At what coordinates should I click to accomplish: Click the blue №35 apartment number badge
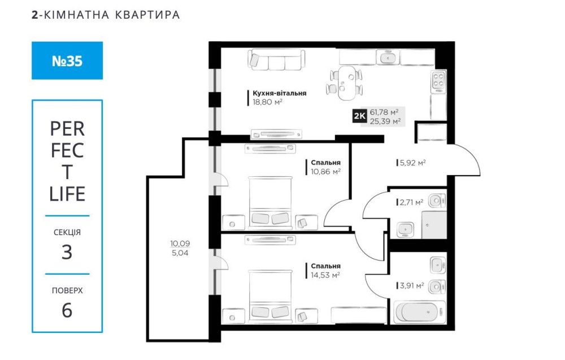67,60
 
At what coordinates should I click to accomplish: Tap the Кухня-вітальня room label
279,93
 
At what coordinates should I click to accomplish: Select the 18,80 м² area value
267,102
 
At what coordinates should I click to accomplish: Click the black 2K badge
359,116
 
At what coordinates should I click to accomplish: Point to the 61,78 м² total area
384,112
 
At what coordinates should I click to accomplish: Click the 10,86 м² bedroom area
326,172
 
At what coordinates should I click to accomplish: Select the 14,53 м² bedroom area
326,275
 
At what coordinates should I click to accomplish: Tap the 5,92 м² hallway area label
412,163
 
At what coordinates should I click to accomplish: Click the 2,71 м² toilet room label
411,202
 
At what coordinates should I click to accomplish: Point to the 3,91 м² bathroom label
412,286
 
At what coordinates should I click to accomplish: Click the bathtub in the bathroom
417,313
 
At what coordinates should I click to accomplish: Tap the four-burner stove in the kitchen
438,81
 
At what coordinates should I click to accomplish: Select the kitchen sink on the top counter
388,57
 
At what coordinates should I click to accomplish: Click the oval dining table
346,83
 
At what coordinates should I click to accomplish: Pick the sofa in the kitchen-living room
276,60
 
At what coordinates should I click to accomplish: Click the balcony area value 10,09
180,244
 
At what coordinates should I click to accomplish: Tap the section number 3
67,252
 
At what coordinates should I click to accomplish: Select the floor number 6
67,311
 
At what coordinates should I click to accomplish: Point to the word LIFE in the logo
67,194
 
